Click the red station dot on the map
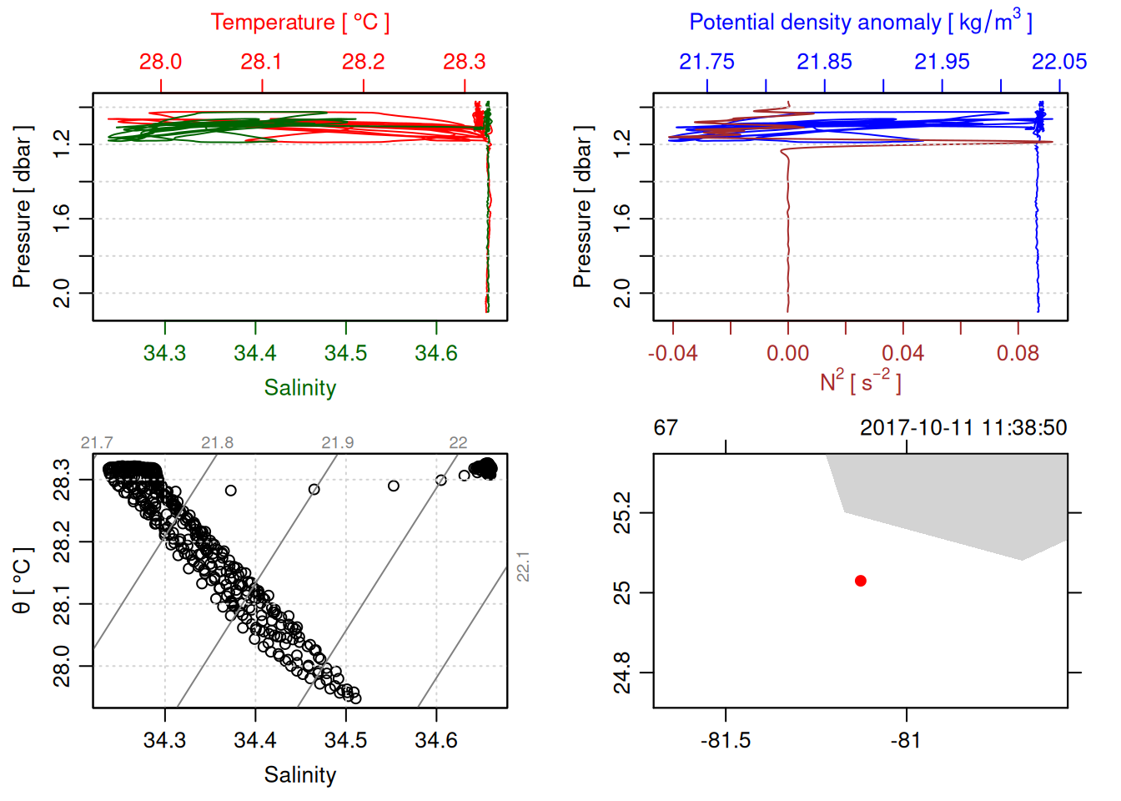click(861, 581)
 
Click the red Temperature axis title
click(299, 23)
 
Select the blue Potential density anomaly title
click(860, 23)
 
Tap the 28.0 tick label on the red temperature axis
click(160, 62)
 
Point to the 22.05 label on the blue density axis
click(1059, 62)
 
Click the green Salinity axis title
click(299, 388)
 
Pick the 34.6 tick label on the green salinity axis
click(436, 353)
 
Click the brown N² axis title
click(860, 382)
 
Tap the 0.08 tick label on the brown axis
click(1018, 353)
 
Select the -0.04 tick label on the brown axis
click(672, 353)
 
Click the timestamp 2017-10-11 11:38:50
click(963, 428)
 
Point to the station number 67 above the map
click(666, 428)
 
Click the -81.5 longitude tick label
click(726, 740)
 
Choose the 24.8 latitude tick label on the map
click(622, 673)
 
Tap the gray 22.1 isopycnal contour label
click(523, 567)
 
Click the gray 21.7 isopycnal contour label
click(97, 442)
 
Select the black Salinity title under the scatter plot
click(299, 775)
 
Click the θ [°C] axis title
click(23, 581)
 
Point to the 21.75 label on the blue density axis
click(706, 62)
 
